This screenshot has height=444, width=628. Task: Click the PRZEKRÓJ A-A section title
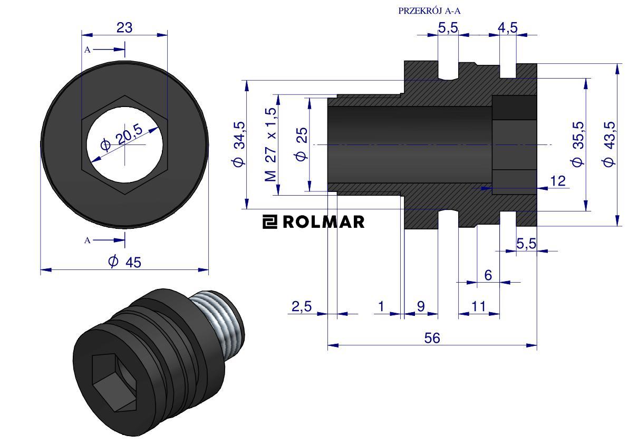[x=429, y=11]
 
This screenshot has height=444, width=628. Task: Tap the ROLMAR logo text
[x=324, y=222]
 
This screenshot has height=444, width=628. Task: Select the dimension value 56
[x=432, y=338]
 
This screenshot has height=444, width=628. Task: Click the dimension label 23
[x=124, y=27]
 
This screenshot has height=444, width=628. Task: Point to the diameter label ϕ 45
[x=125, y=262]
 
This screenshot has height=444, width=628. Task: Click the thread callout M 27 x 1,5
[x=271, y=144]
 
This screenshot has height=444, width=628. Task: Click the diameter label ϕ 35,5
[x=578, y=144]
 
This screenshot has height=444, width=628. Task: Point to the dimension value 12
[x=558, y=181]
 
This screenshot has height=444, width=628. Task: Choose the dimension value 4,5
[x=507, y=27]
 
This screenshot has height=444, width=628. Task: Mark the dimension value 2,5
[x=301, y=306]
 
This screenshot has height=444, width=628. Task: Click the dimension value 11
[x=479, y=306]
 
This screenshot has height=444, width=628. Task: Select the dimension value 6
[x=488, y=275]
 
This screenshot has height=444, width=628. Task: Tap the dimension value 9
[x=421, y=306]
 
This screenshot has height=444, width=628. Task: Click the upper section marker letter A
[x=88, y=50]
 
